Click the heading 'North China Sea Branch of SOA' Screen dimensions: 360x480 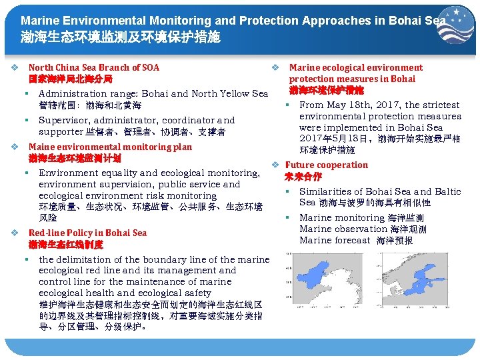pos(94,67)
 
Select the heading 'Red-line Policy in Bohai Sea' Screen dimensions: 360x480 pos(87,233)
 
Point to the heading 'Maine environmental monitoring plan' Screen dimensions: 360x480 pos(110,147)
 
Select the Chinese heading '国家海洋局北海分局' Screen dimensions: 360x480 pos(75,79)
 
